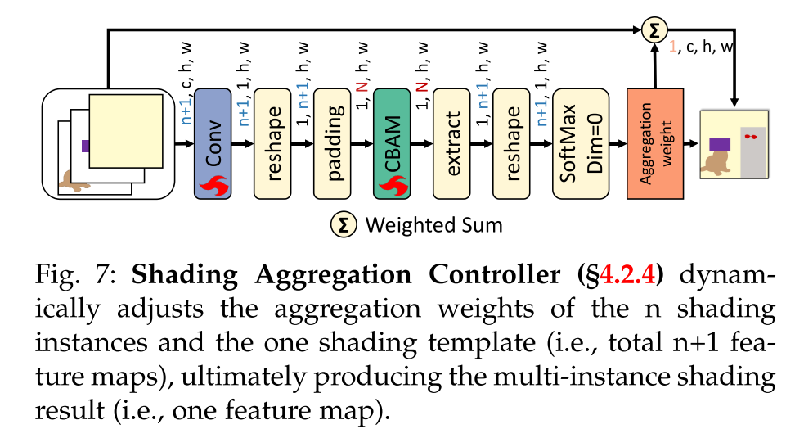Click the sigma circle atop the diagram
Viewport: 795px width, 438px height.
(654, 30)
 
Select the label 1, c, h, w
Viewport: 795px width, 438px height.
(703, 49)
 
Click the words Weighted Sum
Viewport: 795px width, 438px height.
(433, 224)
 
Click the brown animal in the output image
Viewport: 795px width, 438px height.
(717, 164)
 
